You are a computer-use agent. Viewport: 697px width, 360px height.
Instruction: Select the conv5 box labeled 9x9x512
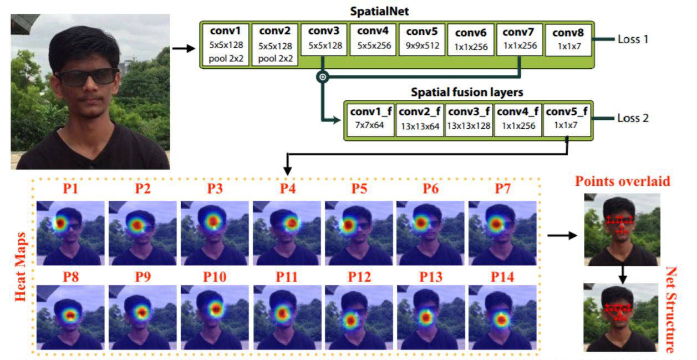tap(422, 39)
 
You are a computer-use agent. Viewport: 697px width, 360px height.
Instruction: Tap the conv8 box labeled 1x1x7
tap(568, 39)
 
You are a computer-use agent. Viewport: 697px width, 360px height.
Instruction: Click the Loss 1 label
tap(633, 39)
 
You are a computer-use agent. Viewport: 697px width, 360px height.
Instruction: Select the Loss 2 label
tap(633, 119)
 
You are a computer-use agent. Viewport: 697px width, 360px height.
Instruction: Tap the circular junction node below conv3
tap(322, 77)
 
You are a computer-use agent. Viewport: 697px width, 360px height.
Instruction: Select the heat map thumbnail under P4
tap(287, 233)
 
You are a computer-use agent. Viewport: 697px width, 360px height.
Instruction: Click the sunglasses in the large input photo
tap(87, 76)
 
